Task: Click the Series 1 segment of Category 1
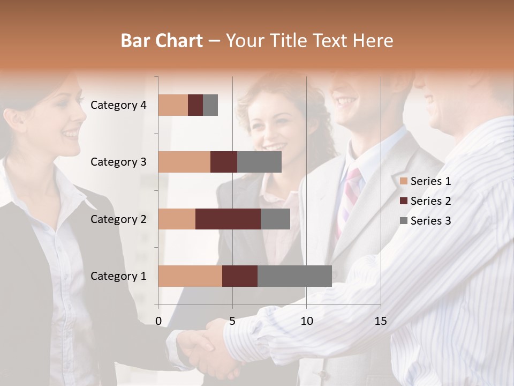pyautogui.click(x=190, y=276)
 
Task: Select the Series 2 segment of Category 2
pyautogui.click(x=228, y=219)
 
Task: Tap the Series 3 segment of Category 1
pyautogui.click(x=294, y=276)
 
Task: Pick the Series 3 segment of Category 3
pyautogui.click(x=259, y=162)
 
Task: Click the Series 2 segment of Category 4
pyautogui.click(x=195, y=105)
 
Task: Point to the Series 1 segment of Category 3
pyautogui.click(x=184, y=162)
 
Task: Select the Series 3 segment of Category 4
pyautogui.click(x=210, y=105)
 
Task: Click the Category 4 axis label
pyautogui.click(x=118, y=105)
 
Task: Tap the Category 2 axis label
pyautogui.click(x=118, y=219)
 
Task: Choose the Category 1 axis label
pyautogui.click(x=118, y=276)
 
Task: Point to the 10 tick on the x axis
pyautogui.click(x=306, y=321)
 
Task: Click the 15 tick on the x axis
pyautogui.click(x=380, y=321)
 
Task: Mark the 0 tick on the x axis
pyautogui.click(x=158, y=321)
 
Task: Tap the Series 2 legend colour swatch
pyautogui.click(x=404, y=201)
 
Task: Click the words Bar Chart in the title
pyautogui.click(x=162, y=41)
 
